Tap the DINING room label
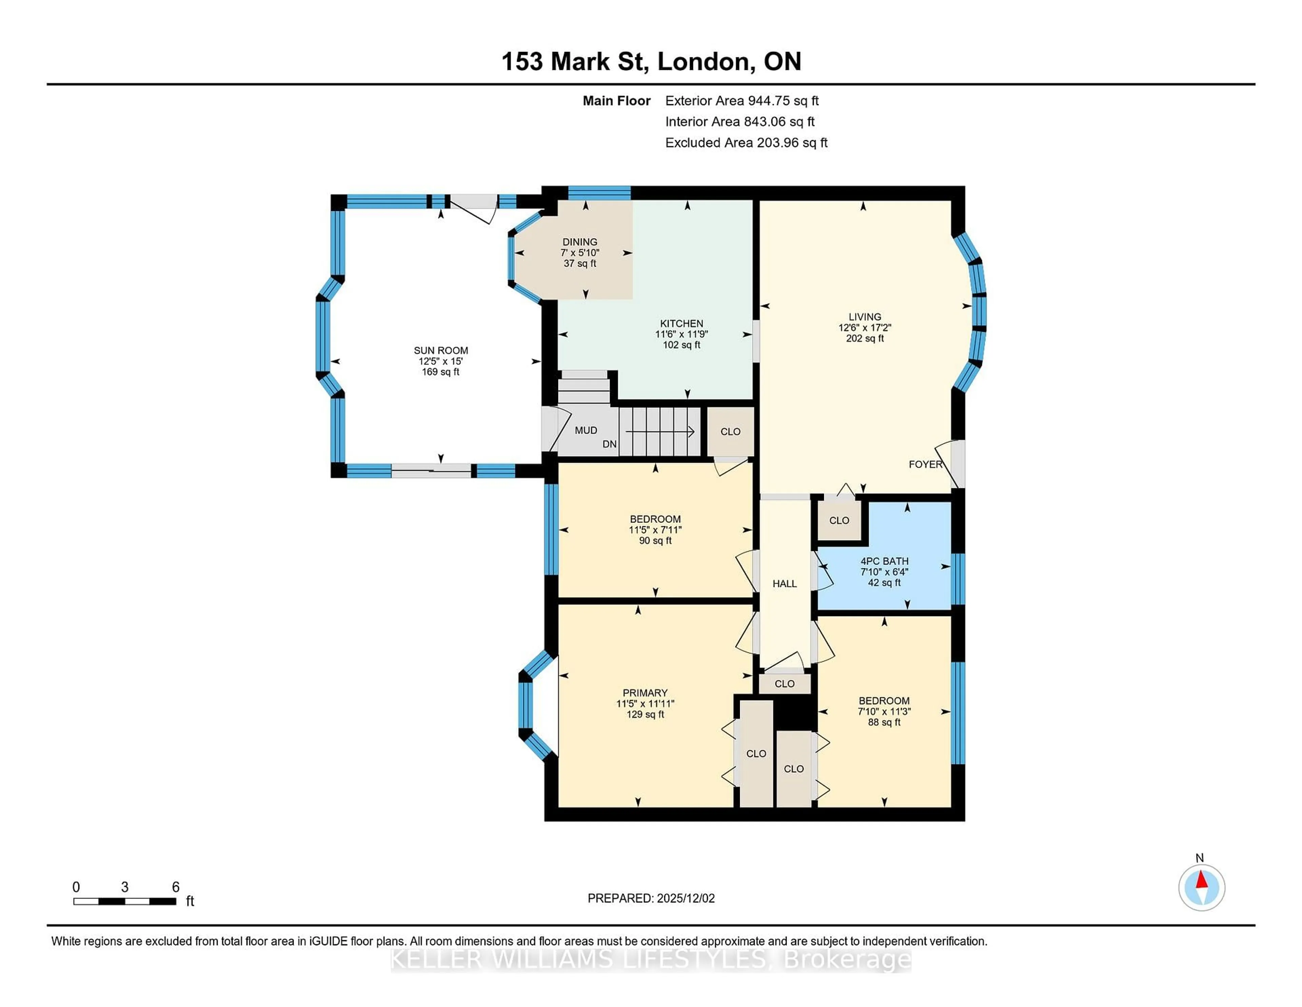(579, 242)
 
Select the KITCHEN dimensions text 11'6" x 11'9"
(682, 334)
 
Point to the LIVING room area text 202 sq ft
(864, 338)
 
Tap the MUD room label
(586, 430)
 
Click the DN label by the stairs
(609, 444)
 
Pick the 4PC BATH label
(884, 561)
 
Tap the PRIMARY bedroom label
(645, 692)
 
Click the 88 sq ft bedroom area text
(884, 722)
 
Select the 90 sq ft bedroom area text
(655, 540)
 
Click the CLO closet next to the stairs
(730, 431)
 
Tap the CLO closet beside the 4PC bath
(839, 520)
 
